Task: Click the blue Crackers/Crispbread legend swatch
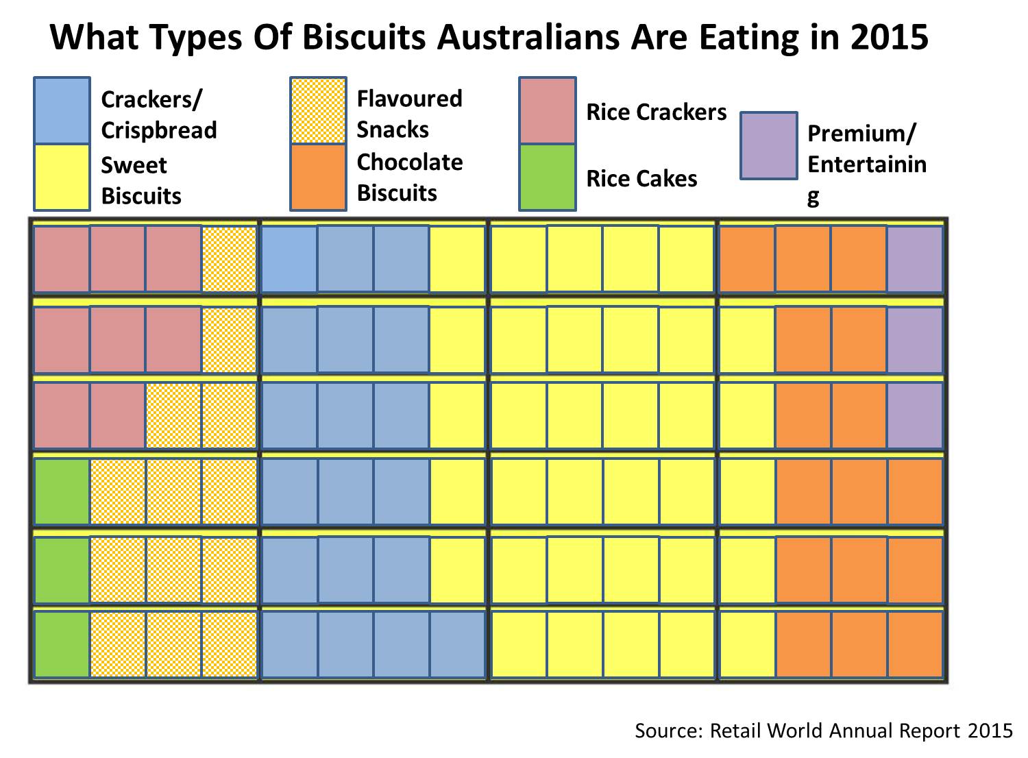coord(62,110)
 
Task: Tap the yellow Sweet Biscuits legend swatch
coord(62,177)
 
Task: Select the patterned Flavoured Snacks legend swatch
coord(318,110)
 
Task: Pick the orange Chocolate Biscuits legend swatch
coord(318,177)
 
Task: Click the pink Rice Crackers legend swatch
coord(548,110)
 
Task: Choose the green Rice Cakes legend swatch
coord(548,177)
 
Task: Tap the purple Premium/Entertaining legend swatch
coord(769,145)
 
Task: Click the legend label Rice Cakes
coord(641,179)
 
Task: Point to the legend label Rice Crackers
coord(656,112)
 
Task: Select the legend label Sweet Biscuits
coord(141,180)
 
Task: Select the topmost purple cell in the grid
coord(916,259)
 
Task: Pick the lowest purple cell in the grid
coord(916,415)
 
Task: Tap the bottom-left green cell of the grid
coord(62,644)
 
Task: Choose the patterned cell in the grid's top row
coord(230,259)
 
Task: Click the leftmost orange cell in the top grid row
coord(747,259)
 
